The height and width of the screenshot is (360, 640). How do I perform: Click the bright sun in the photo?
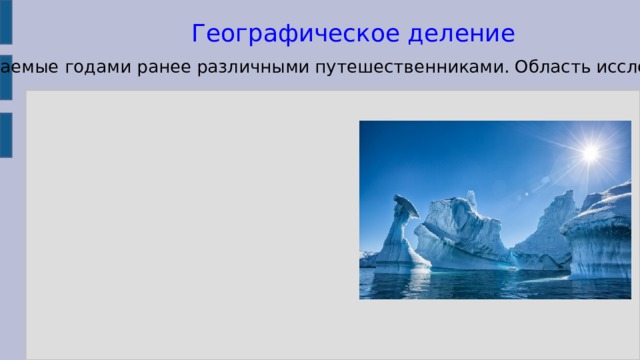[590, 153]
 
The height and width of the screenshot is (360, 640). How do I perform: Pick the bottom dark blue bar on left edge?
[5, 136]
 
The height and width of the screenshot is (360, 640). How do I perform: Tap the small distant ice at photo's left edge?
[367, 258]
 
